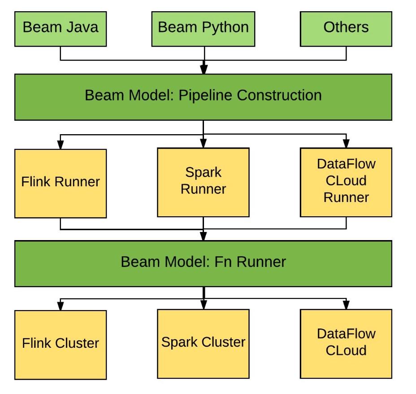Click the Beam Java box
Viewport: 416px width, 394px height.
click(x=61, y=29)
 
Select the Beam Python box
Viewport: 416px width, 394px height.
click(x=203, y=29)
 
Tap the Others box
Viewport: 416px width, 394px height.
click(x=346, y=29)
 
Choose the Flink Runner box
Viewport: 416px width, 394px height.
click(x=61, y=183)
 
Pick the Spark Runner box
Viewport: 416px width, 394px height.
click(x=203, y=182)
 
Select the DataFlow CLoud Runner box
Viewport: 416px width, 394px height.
click(x=346, y=182)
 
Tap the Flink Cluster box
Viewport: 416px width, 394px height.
click(x=61, y=344)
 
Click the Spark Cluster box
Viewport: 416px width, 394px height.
click(x=203, y=343)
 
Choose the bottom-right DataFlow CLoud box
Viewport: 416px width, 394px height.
click(x=346, y=343)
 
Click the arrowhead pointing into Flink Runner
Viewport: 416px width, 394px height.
click(x=61, y=144)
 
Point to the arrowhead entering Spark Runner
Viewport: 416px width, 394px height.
click(x=203, y=144)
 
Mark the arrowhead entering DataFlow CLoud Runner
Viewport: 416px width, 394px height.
click(x=346, y=144)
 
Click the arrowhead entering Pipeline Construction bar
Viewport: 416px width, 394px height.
click(x=204, y=70)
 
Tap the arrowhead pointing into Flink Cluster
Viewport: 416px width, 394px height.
click(x=61, y=306)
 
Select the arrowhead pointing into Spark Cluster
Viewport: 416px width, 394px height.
click(x=203, y=305)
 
